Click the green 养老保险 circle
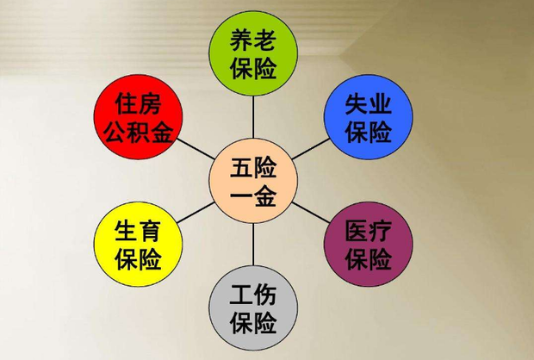[x=253, y=53]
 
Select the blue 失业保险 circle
[x=368, y=117]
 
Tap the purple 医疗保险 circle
[x=368, y=244]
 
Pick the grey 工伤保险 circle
[x=253, y=307]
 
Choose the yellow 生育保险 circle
[x=139, y=244]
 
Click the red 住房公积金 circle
[x=139, y=117]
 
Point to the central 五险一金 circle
[x=253, y=181]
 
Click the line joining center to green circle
[x=253, y=117]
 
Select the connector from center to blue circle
[x=311, y=149]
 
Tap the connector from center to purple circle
[x=311, y=213]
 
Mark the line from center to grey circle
[x=253, y=245]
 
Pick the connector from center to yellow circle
[x=196, y=213]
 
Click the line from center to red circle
[x=196, y=149]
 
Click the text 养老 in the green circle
[x=253, y=40]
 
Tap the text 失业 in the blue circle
[x=368, y=103]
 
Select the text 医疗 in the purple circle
[x=368, y=231]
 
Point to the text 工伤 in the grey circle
[x=253, y=295]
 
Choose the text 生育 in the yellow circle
[x=139, y=231]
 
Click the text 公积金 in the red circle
[x=139, y=132]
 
